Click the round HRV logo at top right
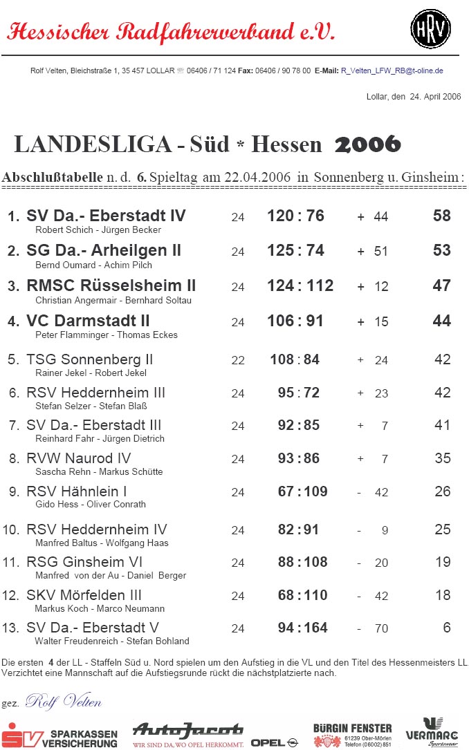click(430, 28)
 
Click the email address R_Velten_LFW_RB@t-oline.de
click(392, 71)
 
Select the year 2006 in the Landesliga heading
click(367, 144)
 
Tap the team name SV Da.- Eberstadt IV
click(106, 216)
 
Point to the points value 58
click(441, 216)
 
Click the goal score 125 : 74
click(295, 250)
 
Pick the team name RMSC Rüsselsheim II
click(111, 285)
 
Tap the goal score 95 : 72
click(299, 393)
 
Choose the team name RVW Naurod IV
click(79, 458)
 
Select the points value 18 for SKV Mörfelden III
click(443, 595)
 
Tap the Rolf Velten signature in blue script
click(63, 702)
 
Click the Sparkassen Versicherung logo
click(59, 735)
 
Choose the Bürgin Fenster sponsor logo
click(352, 735)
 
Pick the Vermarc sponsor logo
click(432, 732)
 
